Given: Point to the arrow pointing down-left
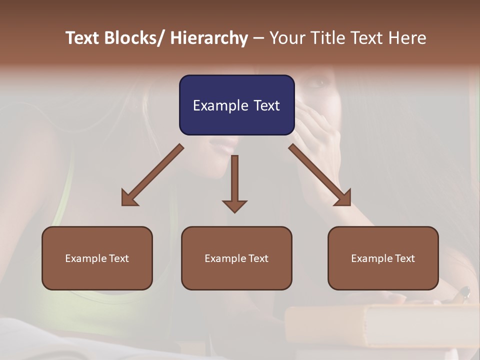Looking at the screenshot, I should click(x=152, y=175).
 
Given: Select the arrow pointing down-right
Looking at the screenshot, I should click(x=320, y=175).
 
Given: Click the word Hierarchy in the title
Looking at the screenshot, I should click(x=209, y=38).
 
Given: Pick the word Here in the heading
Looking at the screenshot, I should click(x=407, y=38).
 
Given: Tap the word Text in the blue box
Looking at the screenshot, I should click(x=266, y=105).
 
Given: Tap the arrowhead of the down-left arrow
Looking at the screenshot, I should click(x=128, y=199).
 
